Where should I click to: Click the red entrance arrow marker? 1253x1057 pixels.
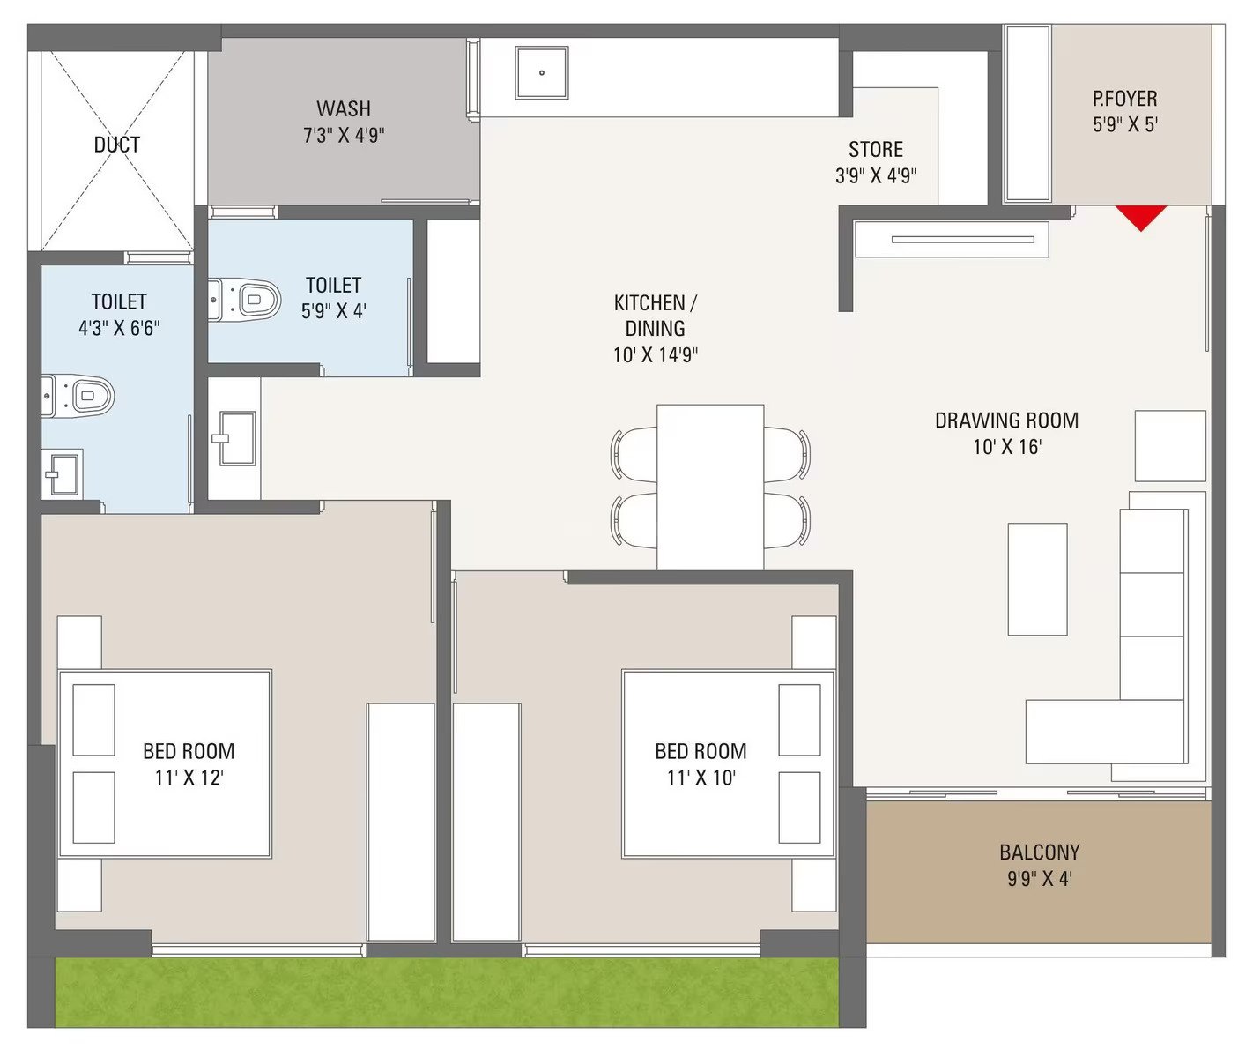click(1141, 216)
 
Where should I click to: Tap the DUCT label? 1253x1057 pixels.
click(117, 145)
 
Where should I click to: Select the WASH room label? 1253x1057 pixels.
click(344, 108)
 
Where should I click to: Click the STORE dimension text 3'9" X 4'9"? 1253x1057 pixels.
click(876, 176)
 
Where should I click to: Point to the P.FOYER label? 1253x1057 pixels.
click(1124, 99)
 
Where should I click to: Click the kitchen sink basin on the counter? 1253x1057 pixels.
click(541, 72)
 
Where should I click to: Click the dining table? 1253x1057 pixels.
click(710, 487)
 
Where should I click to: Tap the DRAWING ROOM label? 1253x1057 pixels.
click(1007, 421)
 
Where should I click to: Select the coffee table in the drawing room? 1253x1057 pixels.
click(1038, 579)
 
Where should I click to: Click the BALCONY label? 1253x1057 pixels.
click(1040, 852)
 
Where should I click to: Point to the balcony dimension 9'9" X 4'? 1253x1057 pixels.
click(1040, 879)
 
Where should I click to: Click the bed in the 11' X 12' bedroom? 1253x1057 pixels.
click(165, 764)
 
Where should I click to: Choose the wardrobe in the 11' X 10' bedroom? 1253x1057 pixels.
click(486, 823)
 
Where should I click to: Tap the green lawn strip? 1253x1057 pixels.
click(447, 992)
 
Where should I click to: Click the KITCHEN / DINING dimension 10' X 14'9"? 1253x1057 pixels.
click(656, 355)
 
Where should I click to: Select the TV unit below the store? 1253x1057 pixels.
click(952, 240)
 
